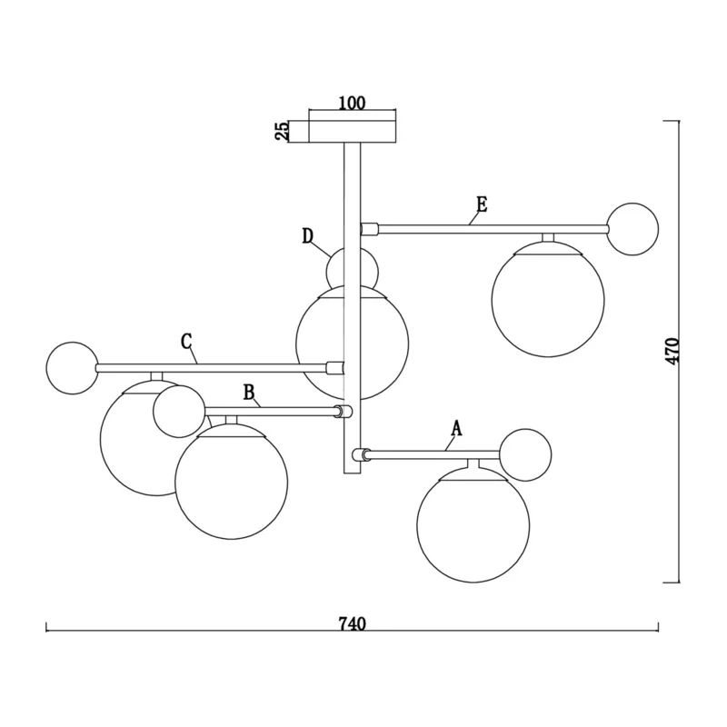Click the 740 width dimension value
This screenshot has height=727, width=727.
(x=353, y=624)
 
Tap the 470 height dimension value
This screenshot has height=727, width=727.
(x=672, y=351)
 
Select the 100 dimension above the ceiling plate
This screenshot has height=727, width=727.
(x=352, y=103)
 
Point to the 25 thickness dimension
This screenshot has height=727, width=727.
(x=282, y=131)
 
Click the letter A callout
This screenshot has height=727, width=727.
(x=457, y=429)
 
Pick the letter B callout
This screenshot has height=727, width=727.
(x=249, y=393)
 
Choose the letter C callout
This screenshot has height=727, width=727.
(x=186, y=342)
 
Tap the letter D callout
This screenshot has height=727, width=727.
(x=308, y=236)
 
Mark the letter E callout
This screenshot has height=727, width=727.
(x=483, y=204)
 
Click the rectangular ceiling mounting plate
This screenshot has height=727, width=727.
(x=353, y=131)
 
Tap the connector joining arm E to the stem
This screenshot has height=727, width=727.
(x=370, y=229)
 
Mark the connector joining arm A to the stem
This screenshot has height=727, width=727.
(x=361, y=454)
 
